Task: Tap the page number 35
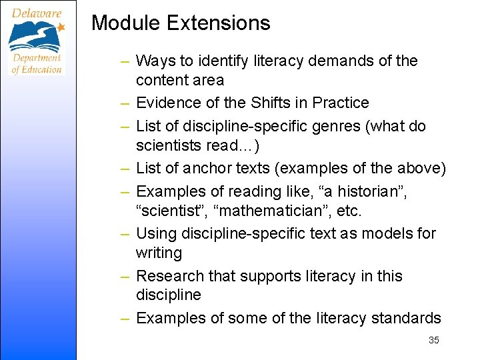coord(434,340)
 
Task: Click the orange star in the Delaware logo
coord(61,27)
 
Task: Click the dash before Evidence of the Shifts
coord(125,103)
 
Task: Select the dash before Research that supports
coord(125,276)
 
